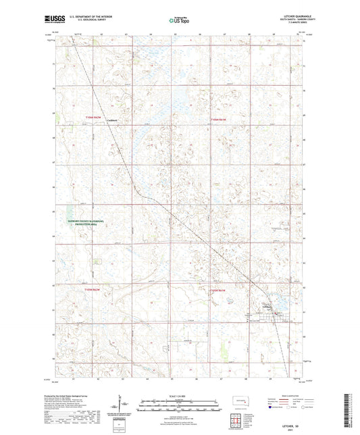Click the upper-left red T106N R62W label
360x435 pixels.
(x=94, y=118)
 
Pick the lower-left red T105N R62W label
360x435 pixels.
(x=94, y=289)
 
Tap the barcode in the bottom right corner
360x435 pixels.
(x=351, y=408)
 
